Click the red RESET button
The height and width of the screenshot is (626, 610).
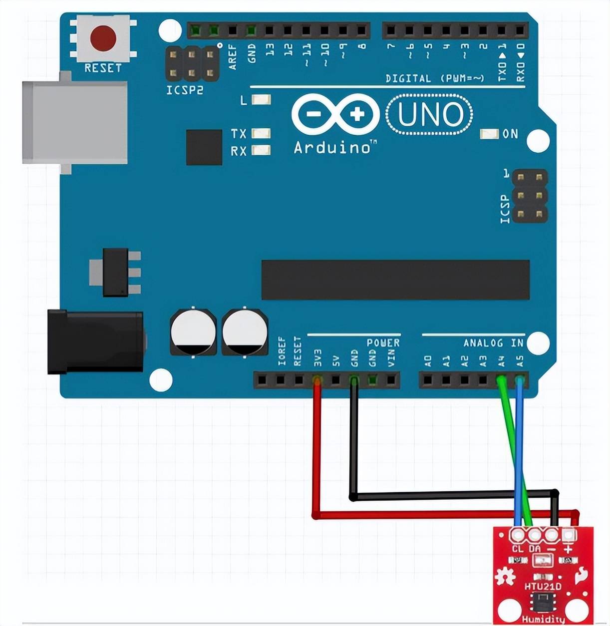[103, 38]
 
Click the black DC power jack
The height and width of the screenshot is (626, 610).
[95, 342]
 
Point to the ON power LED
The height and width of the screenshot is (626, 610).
[489, 134]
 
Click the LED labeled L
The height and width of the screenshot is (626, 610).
[261, 100]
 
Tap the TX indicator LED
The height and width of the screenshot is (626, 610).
[261, 133]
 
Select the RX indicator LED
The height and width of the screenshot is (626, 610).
[261, 150]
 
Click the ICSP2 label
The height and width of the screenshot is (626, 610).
[185, 90]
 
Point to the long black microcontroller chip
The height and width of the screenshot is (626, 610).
[395, 280]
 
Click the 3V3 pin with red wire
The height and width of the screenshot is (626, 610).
[316, 381]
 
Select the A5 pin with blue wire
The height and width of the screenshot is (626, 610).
[520, 381]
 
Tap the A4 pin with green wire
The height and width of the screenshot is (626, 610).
[501, 381]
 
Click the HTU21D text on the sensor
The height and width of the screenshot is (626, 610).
[543, 586]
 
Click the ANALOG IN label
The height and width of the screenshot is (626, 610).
[493, 343]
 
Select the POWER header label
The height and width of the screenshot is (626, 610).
[383, 343]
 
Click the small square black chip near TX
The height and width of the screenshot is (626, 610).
[204, 147]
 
